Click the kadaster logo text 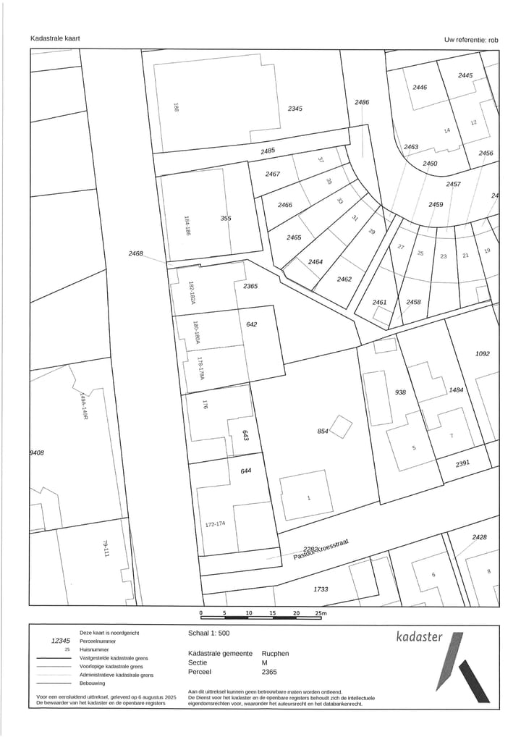[419, 637]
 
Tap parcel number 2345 [295, 109]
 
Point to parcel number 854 [323, 431]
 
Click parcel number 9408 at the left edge [37, 452]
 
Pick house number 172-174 [216, 523]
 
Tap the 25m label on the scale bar [321, 613]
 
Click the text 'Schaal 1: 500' [208, 633]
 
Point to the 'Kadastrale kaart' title [55, 38]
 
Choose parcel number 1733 [321, 589]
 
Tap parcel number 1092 [483, 354]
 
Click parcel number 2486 [362, 102]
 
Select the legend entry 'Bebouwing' [93, 683]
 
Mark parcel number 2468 [136, 254]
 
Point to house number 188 [176, 107]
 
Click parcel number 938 [400, 392]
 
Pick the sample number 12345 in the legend [61, 641]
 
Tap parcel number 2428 [479, 537]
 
